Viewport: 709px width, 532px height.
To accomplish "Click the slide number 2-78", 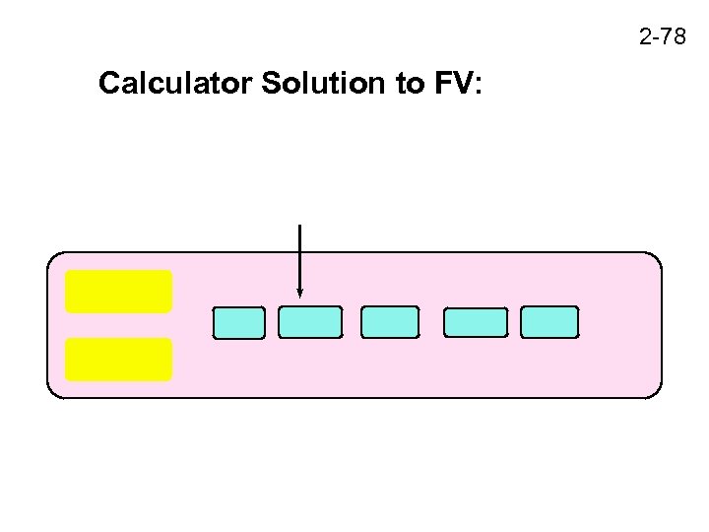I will [662, 38].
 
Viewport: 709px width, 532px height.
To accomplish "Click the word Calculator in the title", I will [176, 84].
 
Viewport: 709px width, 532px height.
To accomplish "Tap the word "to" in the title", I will [408, 84].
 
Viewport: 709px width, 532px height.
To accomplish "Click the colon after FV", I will [478, 87].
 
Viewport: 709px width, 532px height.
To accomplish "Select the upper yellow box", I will [119, 292].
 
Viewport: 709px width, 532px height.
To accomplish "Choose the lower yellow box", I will [119, 360].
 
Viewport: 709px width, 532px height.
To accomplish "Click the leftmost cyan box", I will [239, 323].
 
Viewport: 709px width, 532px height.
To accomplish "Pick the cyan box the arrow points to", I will [310, 322].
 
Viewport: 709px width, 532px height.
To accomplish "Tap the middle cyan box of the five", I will [390, 322].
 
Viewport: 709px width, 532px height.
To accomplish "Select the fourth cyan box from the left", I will [476, 323].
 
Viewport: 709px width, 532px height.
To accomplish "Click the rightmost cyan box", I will [549, 322].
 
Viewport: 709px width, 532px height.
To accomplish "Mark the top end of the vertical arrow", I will [299, 227].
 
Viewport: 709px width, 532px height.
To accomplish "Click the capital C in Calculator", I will [107, 84].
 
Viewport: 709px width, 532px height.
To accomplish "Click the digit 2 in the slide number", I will [645, 38].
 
